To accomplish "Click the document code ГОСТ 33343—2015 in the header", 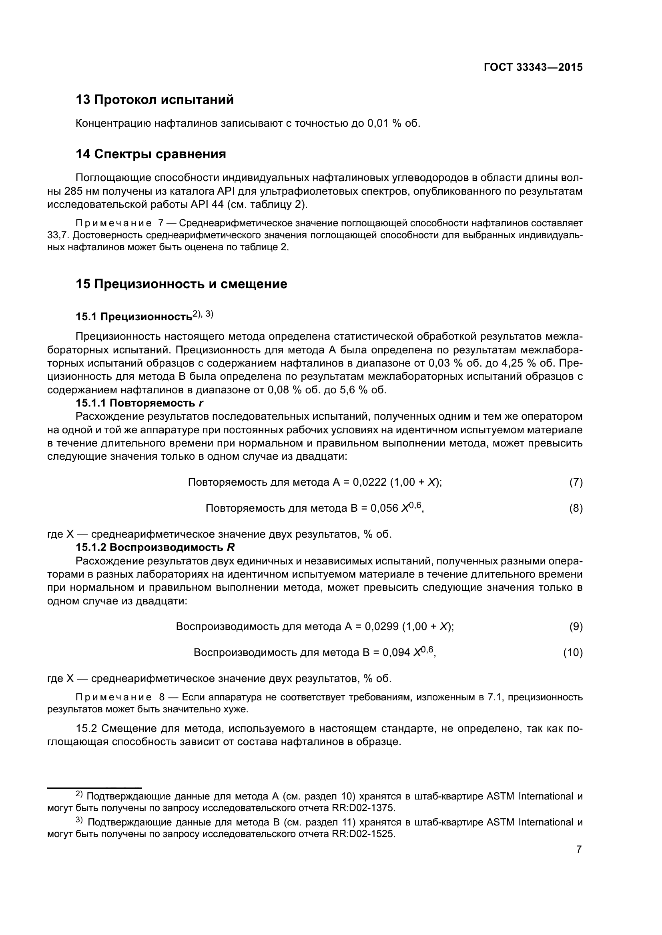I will (533, 68).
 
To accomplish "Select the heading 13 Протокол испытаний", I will (155, 100).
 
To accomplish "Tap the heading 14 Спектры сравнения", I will (151, 154).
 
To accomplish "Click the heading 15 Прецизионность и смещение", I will (181, 284).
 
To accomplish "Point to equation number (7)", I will (576, 482).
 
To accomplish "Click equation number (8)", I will (576, 508).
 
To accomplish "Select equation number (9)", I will (576, 626).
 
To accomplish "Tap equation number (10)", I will (573, 652).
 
